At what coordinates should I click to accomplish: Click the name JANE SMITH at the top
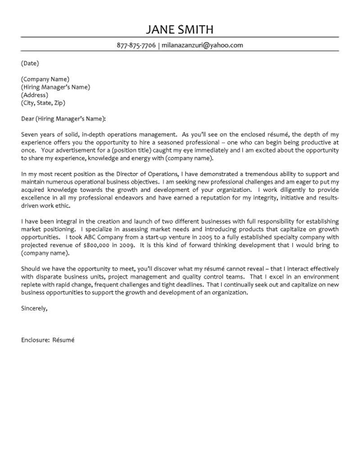(180, 30)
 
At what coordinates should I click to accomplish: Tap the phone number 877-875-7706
(136, 45)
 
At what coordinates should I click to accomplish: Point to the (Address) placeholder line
(34, 95)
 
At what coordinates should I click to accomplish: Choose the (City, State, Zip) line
(43, 103)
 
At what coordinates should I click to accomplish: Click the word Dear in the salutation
(27, 119)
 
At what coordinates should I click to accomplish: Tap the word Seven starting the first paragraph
(30, 135)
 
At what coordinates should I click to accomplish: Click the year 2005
(192, 237)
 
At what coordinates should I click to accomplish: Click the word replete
(31, 285)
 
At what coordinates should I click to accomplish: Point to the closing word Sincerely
(34, 308)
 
